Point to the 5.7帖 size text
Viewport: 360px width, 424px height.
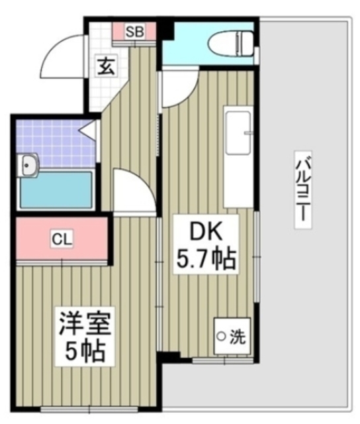205,259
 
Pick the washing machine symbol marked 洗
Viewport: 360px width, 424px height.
231,336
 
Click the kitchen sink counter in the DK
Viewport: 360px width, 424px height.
238,158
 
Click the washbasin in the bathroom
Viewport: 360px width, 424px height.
28,164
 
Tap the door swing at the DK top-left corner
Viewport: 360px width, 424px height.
173,90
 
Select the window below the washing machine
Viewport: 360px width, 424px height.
221,360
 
